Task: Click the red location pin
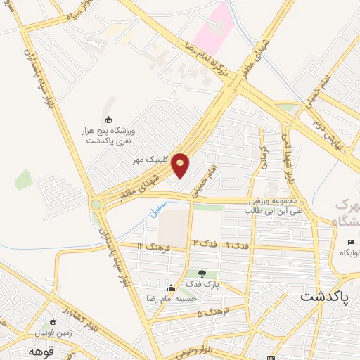[181, 165]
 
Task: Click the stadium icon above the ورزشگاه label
[108, 119]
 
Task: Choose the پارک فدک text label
[202, 285]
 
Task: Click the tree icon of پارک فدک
[202, 274]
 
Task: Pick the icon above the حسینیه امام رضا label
[171, 288]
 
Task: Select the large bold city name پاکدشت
[325, 297]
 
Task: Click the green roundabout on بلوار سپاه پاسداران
[96, 205]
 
